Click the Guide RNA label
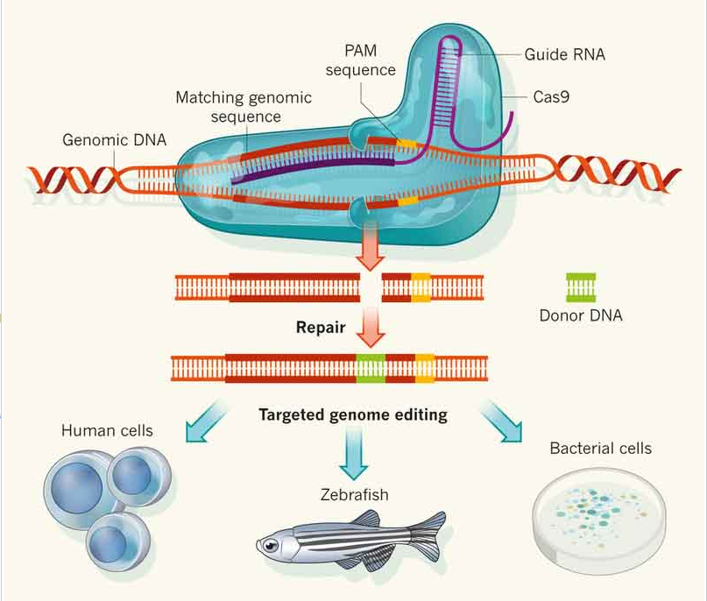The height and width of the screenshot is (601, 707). click(x=564, y=54)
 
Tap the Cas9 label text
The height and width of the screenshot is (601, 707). click(x=551, y=97)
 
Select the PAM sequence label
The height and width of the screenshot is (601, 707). click(x=361, y=60)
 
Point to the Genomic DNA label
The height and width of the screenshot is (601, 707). click(x=115, y=140)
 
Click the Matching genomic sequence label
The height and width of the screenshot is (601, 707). click(x=244, y=107)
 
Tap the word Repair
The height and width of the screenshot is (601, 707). click(x=321, y=328)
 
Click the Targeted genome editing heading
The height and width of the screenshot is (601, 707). click(x=353, y=414)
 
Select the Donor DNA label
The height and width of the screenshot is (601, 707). click(x=581, y=315)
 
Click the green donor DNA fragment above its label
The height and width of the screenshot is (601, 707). click(x=581, y=287)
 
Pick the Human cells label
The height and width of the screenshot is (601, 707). click(x=107, y=430)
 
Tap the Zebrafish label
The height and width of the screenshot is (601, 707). click(x=355, y=495)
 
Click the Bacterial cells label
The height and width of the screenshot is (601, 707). click(x=601, y=449)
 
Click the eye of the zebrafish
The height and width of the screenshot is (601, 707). click(x=270, y=546)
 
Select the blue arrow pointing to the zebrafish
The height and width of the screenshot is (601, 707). click(x=354, y=453)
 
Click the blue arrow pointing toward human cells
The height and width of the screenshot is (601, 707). click(x=205, y=421)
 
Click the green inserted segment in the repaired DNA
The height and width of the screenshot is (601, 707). click(x=371, y=368)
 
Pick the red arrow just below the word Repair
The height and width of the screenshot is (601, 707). click(x=371, y=327)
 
